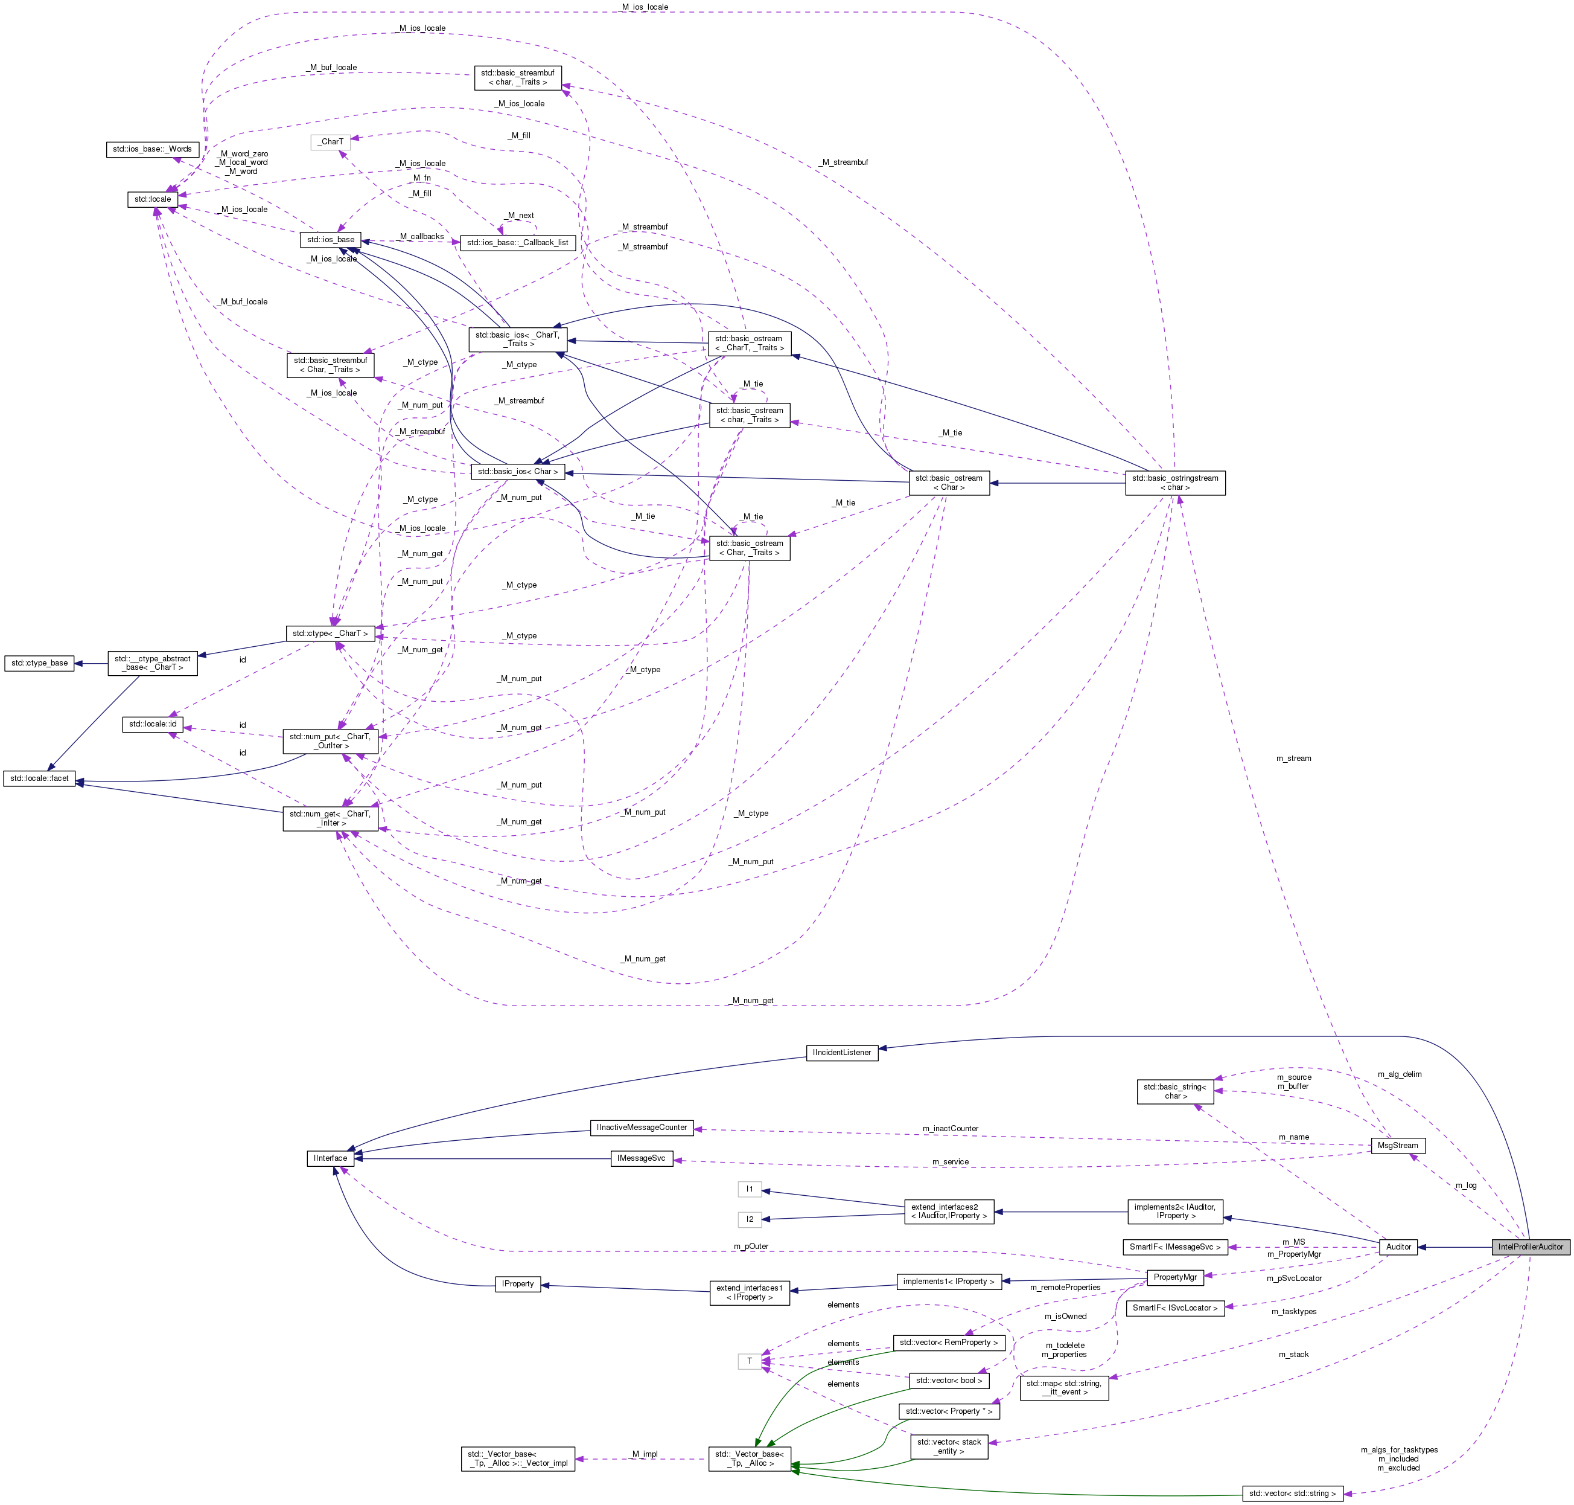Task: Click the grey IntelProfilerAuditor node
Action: pyautogui.click(x=1530, y=1247)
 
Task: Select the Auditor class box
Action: pyautogui.click(x=1398, y=1247)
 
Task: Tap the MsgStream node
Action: pyautogui.click(x=1397, y=1145)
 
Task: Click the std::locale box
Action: pyautogui.click(x=152, y=199)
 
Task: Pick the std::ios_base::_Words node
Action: pyautogui.click(x=152, y=149)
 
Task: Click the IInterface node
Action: pyautogui.click(x=330, y=1158)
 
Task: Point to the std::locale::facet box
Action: pyautogui.click(x=39, y=778)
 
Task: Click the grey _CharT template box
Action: pyautogui.click(x=330, y=142)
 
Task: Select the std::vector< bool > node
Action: pyautogui.click(x=949, y=1380)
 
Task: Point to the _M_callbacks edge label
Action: pyautogui.click(x=422, y=237)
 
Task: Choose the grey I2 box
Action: pyautogui.click(x=750, y=1219)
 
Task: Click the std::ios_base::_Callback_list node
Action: pyautogui.click(x=517, y=242)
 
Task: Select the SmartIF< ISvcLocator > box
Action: pyautogui.click(x=1174, y=1308)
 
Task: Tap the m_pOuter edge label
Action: pyautogui.click(x=751, y=1246)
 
